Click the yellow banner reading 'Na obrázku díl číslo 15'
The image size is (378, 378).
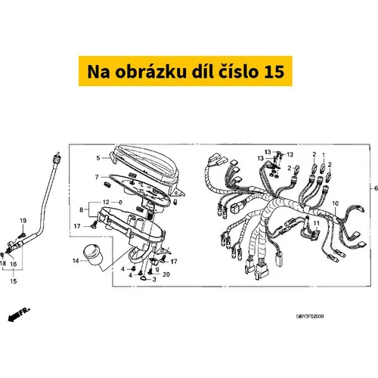[x=185, y=71]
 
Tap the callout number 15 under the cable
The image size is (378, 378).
[x=14, y=281]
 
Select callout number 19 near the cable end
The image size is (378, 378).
[x=23, y=221]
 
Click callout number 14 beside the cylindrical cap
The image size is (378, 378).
[x=76, y=261]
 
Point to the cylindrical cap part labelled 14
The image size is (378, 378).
[x=93, y=255]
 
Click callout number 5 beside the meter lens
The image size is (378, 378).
[x=98, y=158]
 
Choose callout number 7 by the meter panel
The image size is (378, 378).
[x=97, y=177]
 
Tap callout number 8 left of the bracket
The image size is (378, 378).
[x=81, y=209]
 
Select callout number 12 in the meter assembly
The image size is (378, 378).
[x=106, y=202]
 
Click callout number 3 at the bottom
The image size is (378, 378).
[x=154, y=279]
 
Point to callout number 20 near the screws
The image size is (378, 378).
[x=166, y=274]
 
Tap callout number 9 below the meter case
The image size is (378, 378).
[x=157, y=270]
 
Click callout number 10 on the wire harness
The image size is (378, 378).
[x=336, y=203]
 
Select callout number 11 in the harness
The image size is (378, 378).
[x=316, y=223]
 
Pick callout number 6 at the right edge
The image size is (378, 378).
[x=376, y=188]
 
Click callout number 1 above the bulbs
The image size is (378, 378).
[x=324, y=155]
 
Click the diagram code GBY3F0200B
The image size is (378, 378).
[x=310, y=316]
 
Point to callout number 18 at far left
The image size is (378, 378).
[x=3, y=264]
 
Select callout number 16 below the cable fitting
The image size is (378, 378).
[x=14, y=264]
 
